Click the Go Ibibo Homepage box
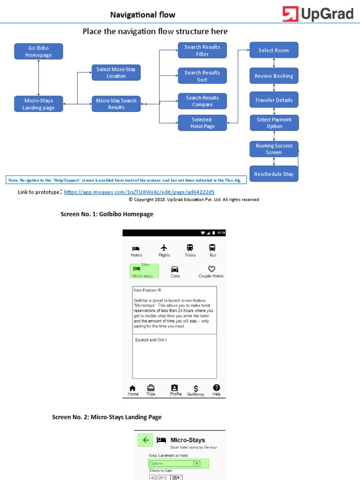(x=38, y=52)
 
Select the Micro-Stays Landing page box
(x=38, y=104)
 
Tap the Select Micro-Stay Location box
(x=116, y=73)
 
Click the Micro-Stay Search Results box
(x=116, y=104)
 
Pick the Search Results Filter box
(x=202, y=50)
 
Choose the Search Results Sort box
(x=202, y=76)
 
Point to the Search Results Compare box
(x=202, y=101)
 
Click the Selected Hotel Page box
(x=202, y=123)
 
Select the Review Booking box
(x=274, y=76)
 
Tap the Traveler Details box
(x=274, y=100)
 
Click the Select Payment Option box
(x=274, y=123)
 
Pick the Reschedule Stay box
(x=274, y=174)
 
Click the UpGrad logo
(x=317, y=14)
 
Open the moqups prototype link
(x=139, y=192)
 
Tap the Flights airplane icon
(x=164, y=247)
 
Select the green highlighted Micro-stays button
(x=144, y=271)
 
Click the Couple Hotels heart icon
(x=211, y=269)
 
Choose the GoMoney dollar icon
(x=196, y=389)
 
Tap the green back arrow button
(x=145, y=440)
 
